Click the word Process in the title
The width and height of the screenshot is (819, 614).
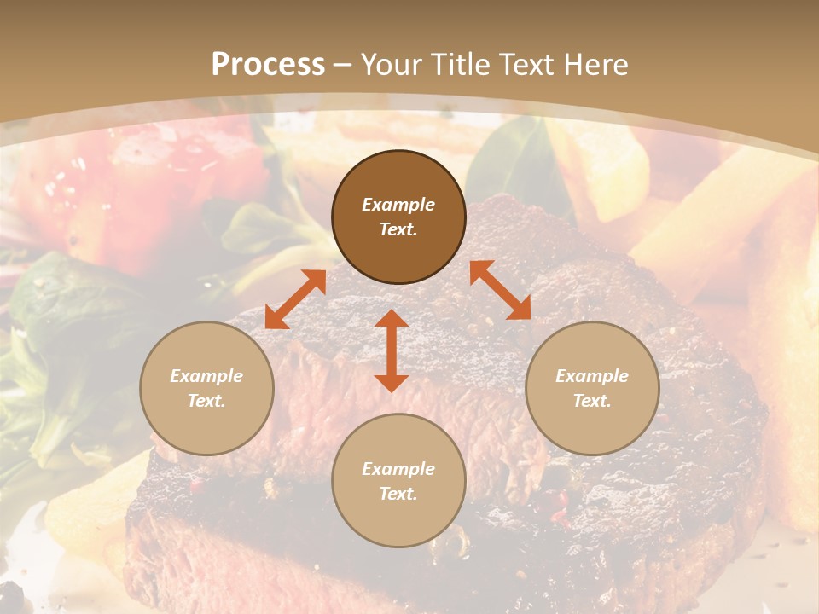click(x=268, y=65)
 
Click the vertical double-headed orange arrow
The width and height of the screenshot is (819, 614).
click(x=392, y=350)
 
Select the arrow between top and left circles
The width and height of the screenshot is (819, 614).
click(x=295, y=299)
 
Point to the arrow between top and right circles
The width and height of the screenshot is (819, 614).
click(x=500, y=290)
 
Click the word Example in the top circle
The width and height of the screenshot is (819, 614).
click(x=398, y=205)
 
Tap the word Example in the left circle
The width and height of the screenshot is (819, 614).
click(x=206, y=376)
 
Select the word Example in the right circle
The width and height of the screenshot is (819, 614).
click(x=592, y=376)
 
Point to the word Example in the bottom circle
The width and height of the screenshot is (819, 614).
click(x=398, y=469)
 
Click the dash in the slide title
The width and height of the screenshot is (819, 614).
click(x=343, y=65)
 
